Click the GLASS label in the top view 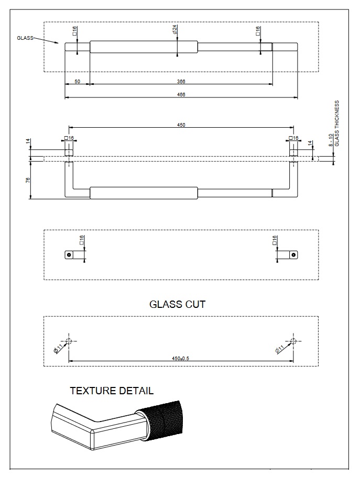pyautogui.click(x=25, y=38)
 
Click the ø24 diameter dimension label pyautogui.click(x=174, y=30)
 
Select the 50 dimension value pyautogui.click(x=77, y=81)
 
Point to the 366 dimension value pyautogui.click(x=181, y=81)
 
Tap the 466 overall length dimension pyautogui.click(x=181, y=94)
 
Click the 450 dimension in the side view pyautogui.click(x=181, y=125)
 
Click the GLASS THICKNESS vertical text pyautogui.click(x=337, y=123)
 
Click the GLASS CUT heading pyautogui.click(x=178, y=304)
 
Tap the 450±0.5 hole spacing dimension pyautogui.click(x=181, y=358)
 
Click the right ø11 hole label pyautogui.click(x=280, y=349)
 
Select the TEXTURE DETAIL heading pyautogui.click(x=112, y=391)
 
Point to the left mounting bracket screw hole pyautogui.click(x=68, y=254)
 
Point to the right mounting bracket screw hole pyautogui.click(x=294, y=254)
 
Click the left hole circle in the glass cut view pyautogui.click(x=69, y=341)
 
